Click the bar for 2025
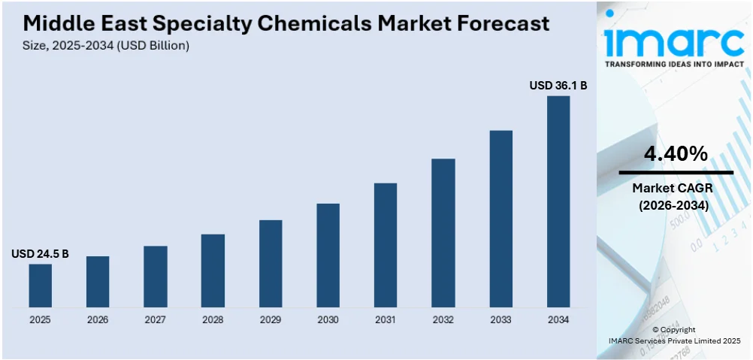coord(41,286)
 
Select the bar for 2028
coord(213,271)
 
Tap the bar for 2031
coord(386,245)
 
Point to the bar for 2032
coord(443,233)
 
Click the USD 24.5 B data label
coord(41,254)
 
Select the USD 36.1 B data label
coord(558,86)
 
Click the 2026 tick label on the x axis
coord(98,319)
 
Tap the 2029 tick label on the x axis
coord(271,319)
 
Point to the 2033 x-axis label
coord(500,319)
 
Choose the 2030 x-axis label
coord(328,319)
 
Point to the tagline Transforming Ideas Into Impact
coord(674,65)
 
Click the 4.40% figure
coord(676,154)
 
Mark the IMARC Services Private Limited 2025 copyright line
coord(674,340)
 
